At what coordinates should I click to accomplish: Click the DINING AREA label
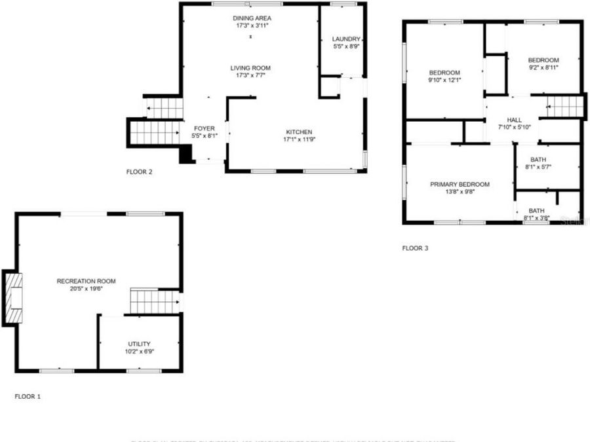pos(252,18)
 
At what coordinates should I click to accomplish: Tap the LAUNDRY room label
pos(346,39)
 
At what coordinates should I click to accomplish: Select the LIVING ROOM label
pos(250,68)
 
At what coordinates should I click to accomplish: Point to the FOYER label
pos(204,128)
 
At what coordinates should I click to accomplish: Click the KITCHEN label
pos(298,132)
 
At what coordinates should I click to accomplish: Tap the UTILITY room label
pos(139,344)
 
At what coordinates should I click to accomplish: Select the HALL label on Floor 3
pos(515,120)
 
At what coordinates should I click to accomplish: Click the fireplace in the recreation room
pos(13,297)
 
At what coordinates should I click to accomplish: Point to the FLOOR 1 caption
pos(28,396)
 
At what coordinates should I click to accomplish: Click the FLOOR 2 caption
pos(139,172)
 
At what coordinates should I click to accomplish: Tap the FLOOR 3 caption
pos(415,248)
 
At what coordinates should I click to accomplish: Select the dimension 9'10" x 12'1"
pos(444,80)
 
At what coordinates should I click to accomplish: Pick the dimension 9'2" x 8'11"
pos(543,67)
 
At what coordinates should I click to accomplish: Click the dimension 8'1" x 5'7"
pos(538,167)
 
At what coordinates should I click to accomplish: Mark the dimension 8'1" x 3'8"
pos(536,218)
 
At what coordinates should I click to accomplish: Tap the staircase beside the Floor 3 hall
pos(564,107)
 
